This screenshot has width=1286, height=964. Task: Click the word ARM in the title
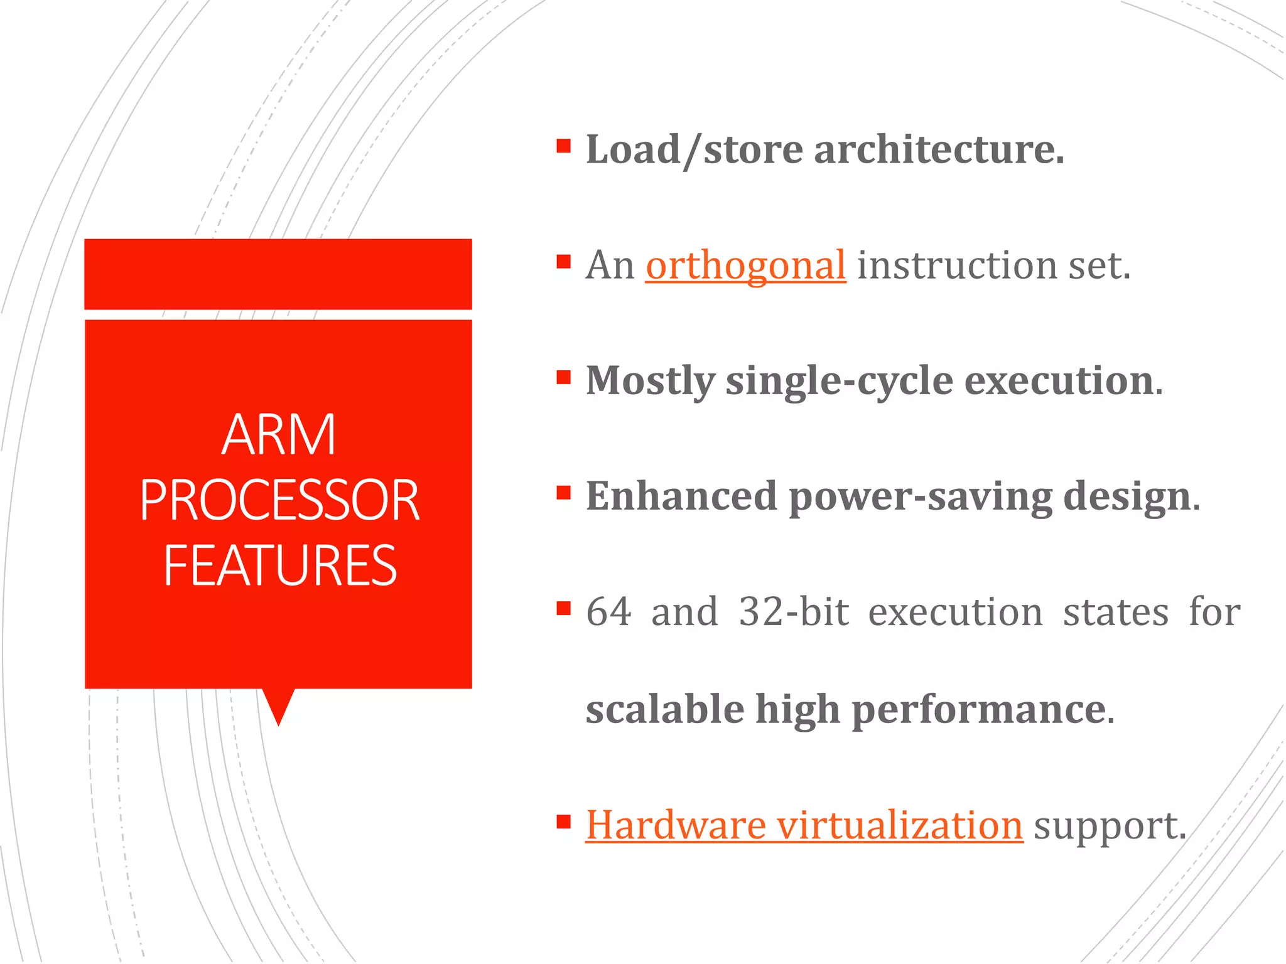279,434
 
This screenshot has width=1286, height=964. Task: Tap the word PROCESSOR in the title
279,500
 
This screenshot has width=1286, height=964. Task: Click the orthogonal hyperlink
745,265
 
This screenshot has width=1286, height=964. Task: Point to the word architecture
939,150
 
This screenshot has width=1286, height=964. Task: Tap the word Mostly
650,381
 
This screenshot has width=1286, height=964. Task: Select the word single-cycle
839,381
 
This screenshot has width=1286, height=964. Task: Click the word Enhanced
681,496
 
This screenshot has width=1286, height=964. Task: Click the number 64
608,612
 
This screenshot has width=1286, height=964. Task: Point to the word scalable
665,709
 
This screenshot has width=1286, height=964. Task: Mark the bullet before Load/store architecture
563,146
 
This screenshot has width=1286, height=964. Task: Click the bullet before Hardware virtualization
563,821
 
